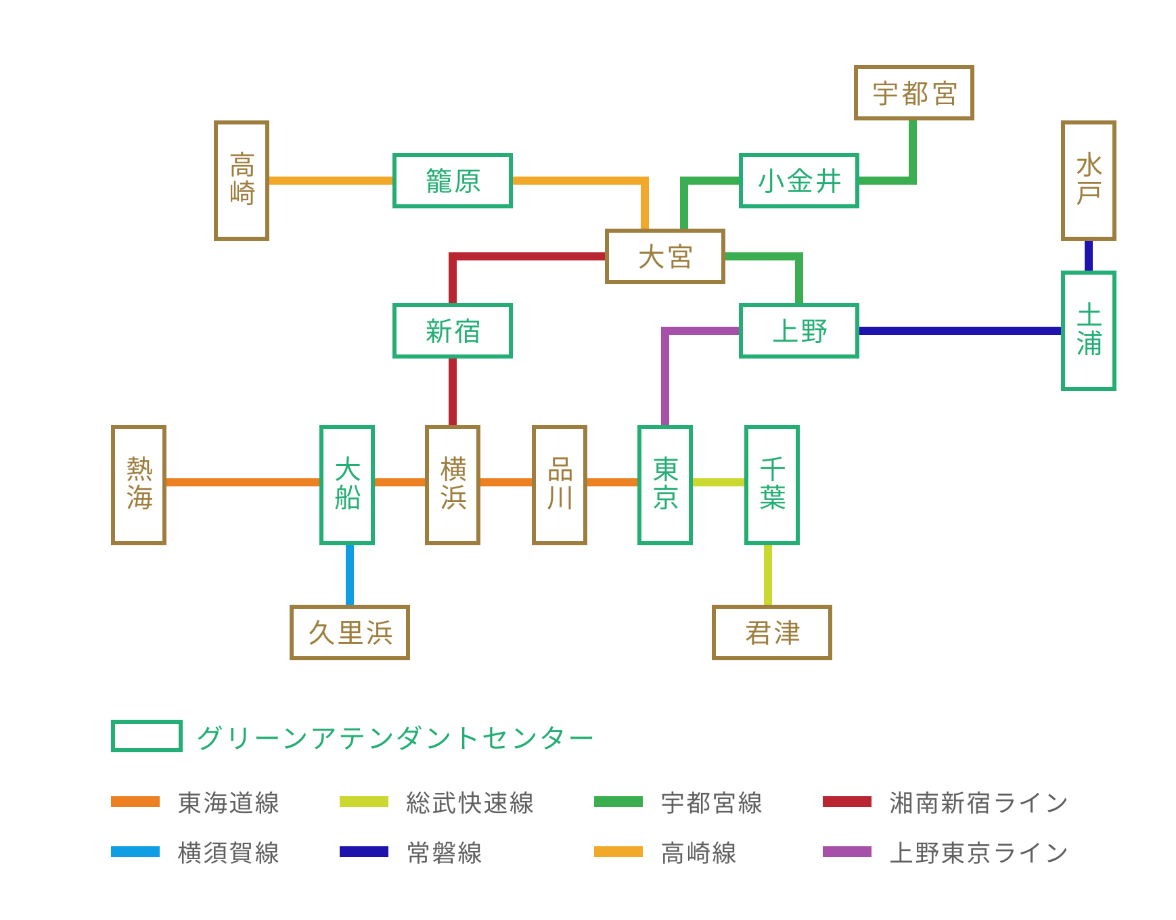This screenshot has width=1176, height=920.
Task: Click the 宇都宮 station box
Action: tap(913, 93)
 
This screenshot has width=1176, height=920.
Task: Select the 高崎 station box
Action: tap(242, 180)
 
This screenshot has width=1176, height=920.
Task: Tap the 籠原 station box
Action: tap(452, 181)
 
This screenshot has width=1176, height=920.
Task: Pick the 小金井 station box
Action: tap(798, 181)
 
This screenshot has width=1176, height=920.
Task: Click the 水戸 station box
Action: tap(1088, 180)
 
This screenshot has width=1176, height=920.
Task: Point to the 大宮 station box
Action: tap(664, 256)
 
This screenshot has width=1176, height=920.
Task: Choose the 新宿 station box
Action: tap(452, 331)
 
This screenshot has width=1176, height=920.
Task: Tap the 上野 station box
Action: tap(798, 331)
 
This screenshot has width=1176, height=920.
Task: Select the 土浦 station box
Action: tap(1088, 331)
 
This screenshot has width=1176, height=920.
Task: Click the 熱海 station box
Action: tap(139, 484)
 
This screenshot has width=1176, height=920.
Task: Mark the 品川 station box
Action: tap(559, 484)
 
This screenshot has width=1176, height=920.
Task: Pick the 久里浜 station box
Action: tap(350, 632)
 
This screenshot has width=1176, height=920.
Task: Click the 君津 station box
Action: tap(771, 632)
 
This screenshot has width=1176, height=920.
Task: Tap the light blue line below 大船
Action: tap(350, 575)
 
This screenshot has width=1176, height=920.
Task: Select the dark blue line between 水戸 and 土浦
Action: tap(1088, 256)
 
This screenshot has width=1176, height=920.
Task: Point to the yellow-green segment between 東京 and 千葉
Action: tap(718, 482)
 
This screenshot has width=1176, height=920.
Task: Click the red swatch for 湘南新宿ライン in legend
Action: tap(846, 802)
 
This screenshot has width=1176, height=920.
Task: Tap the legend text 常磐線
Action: tap(445, 853)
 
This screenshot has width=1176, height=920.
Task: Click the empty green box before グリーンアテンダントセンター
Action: tap(147, 736)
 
